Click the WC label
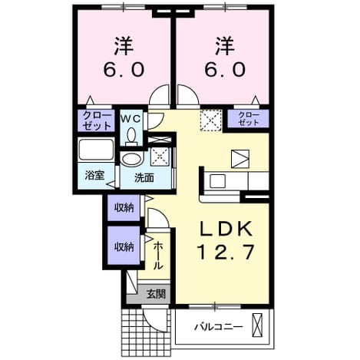click(130, 118)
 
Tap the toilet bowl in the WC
click(131, 136)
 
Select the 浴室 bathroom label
click(94, 176)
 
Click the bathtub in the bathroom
click(96, 150)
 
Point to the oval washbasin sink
click(131, 159)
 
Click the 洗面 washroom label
click(144, 178)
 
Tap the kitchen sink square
click(217, 181)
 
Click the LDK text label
click(226, 229)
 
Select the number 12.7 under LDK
click(226, 252)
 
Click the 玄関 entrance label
click(156, 294)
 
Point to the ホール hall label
click(158, 256)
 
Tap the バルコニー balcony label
click(218, 327)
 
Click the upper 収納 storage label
click(124, 208)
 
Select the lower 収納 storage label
click(124, 247)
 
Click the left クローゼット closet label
click(97, 121)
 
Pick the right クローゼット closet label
click(248, 119)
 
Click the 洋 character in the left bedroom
click(124, 46)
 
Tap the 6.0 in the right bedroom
click(225, 70)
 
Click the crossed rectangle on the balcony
click(257, 325)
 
